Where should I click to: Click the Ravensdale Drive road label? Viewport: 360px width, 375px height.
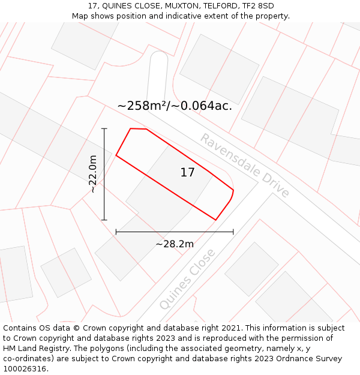click(x=245, y=166)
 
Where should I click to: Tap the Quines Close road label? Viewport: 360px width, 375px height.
click(x=187, y=279)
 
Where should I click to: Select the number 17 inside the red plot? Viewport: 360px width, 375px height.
click(x=187, y=173)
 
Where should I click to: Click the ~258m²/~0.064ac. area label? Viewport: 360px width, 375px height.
click(x=175, y=106)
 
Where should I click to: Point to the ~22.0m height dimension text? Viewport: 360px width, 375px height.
click(x=92, y=174)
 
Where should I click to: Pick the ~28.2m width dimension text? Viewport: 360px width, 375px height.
click(x=175, y=244)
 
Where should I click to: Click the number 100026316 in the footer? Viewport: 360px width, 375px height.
click(x=25, y=369)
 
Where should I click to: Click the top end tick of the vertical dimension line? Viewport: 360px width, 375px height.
click(x=104, y=128)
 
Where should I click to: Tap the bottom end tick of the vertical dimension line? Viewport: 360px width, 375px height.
click(x=104, y=220)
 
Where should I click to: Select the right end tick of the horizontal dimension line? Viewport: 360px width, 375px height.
click(x=233, y=232)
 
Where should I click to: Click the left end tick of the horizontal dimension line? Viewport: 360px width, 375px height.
click(x=116, y=232)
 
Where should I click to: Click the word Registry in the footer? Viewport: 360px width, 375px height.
click(x=57, y=349)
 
